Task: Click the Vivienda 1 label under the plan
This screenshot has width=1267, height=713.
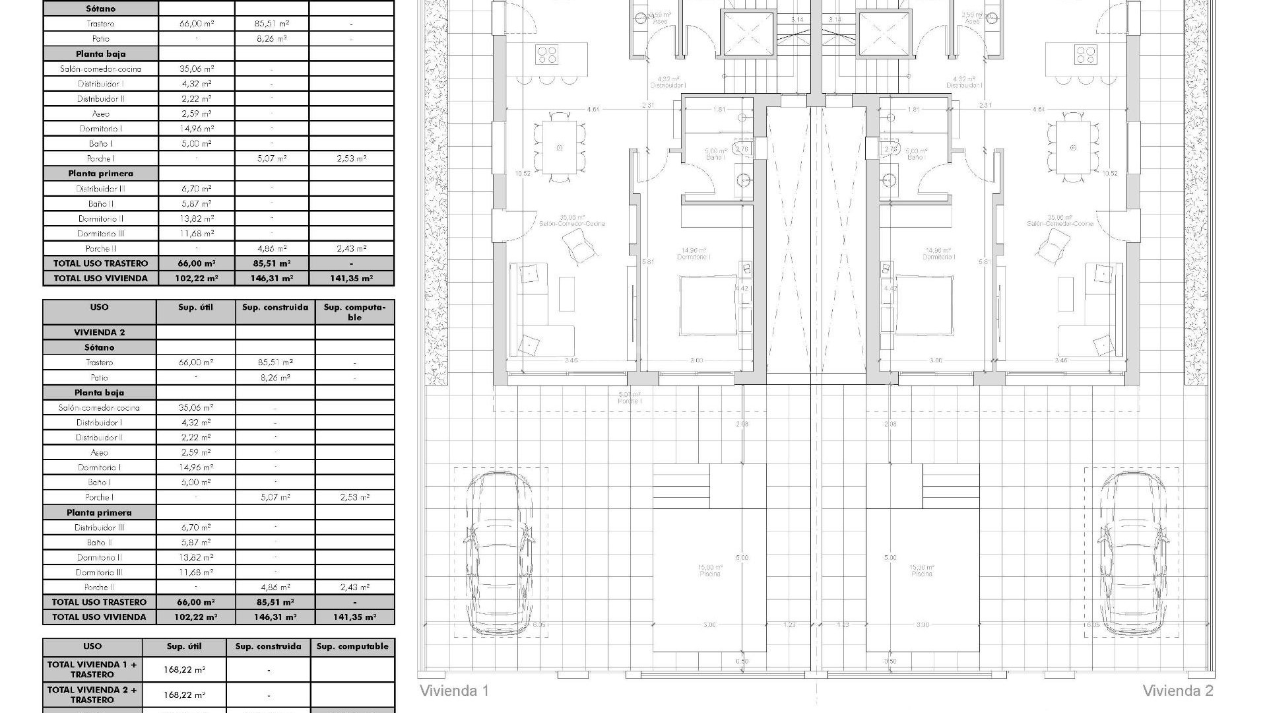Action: [x=454, y=691]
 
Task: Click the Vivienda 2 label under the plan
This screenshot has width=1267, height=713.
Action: [x=1177, y=691]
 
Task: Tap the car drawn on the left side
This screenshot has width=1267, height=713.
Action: [x=500, y=553]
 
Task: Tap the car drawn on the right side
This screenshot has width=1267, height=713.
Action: [x=1131, y=553]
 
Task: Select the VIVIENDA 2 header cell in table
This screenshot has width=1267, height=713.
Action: [x=99, y=333]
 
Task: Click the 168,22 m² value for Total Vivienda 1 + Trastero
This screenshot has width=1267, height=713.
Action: [x=184, y=669]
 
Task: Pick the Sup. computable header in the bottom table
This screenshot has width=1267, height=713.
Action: [x=352, y=647]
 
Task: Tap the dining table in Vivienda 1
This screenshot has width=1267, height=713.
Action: [x=560, y=148]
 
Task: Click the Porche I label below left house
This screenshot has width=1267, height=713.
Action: [x=630, y=398]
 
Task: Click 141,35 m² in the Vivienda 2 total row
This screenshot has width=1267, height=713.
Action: [x=354, y=617]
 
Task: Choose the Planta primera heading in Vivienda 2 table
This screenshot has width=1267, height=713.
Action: [x=99, y=513]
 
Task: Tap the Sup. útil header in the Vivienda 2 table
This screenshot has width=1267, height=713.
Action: [x=195, y=308]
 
